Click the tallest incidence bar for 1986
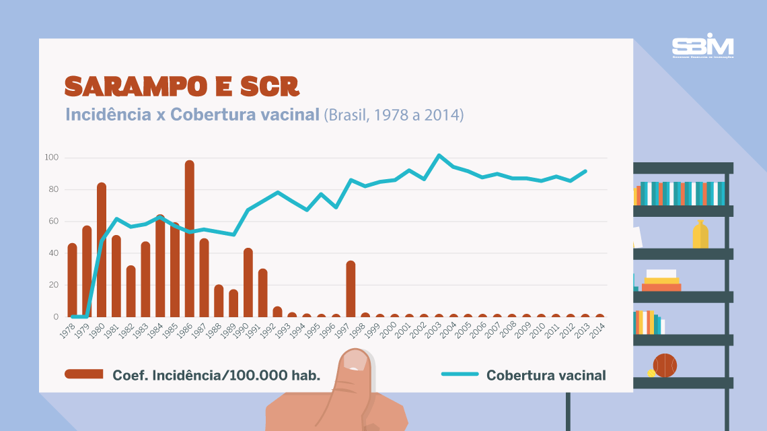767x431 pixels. [190, 239]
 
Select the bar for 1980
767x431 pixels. [102, 250]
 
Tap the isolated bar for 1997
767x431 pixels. [351, 289]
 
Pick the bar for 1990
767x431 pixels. [248, 283]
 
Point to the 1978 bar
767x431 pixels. [72, 280]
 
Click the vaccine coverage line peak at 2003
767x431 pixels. [439, 156]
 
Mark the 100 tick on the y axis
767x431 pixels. [52, 158]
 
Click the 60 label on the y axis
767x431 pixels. [52, 222]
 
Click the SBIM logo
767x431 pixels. [702, 47]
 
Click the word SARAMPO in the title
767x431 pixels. [135, 86]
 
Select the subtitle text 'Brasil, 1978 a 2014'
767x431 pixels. [394, 114]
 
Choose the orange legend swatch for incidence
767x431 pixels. [84, 374]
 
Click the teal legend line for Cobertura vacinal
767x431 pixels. [460, 374]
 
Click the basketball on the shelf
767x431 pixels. [665, 366]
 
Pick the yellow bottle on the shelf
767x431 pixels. [700, 235]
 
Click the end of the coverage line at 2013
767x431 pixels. [586, 171]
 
